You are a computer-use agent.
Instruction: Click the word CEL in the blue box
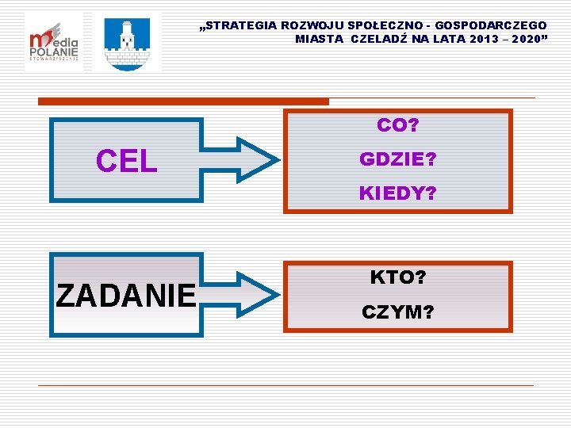pyautogui.click(x=126, y=161)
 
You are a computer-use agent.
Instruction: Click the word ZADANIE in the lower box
pyautogui.click(x=126, y=295)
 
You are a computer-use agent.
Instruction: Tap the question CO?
pyautogui.click(x=397, y=125)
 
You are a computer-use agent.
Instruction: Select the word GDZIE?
pyautogui.click(x=397, y=159)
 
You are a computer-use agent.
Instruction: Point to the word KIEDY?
pyautogui.click(x=397, y=193)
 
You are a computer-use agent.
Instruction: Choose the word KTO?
pyautogui.click(x=397, y=277)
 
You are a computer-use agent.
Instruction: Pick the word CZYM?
pyautogui.click(x=397, y=312)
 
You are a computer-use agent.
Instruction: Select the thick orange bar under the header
pyautogui.click(x=183, y=101)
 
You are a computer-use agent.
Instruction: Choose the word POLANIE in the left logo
pyautogui.click(x=54, y=50)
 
